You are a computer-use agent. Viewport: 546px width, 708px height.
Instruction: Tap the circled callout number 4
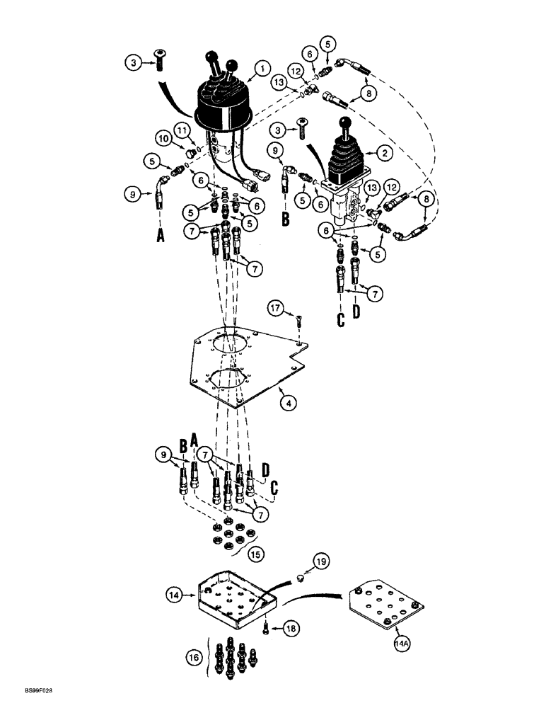tap(288, 404)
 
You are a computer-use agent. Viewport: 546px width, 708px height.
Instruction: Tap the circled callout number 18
tap(289, 627)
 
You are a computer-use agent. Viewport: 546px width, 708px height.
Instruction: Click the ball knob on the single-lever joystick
tap(344, 125)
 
